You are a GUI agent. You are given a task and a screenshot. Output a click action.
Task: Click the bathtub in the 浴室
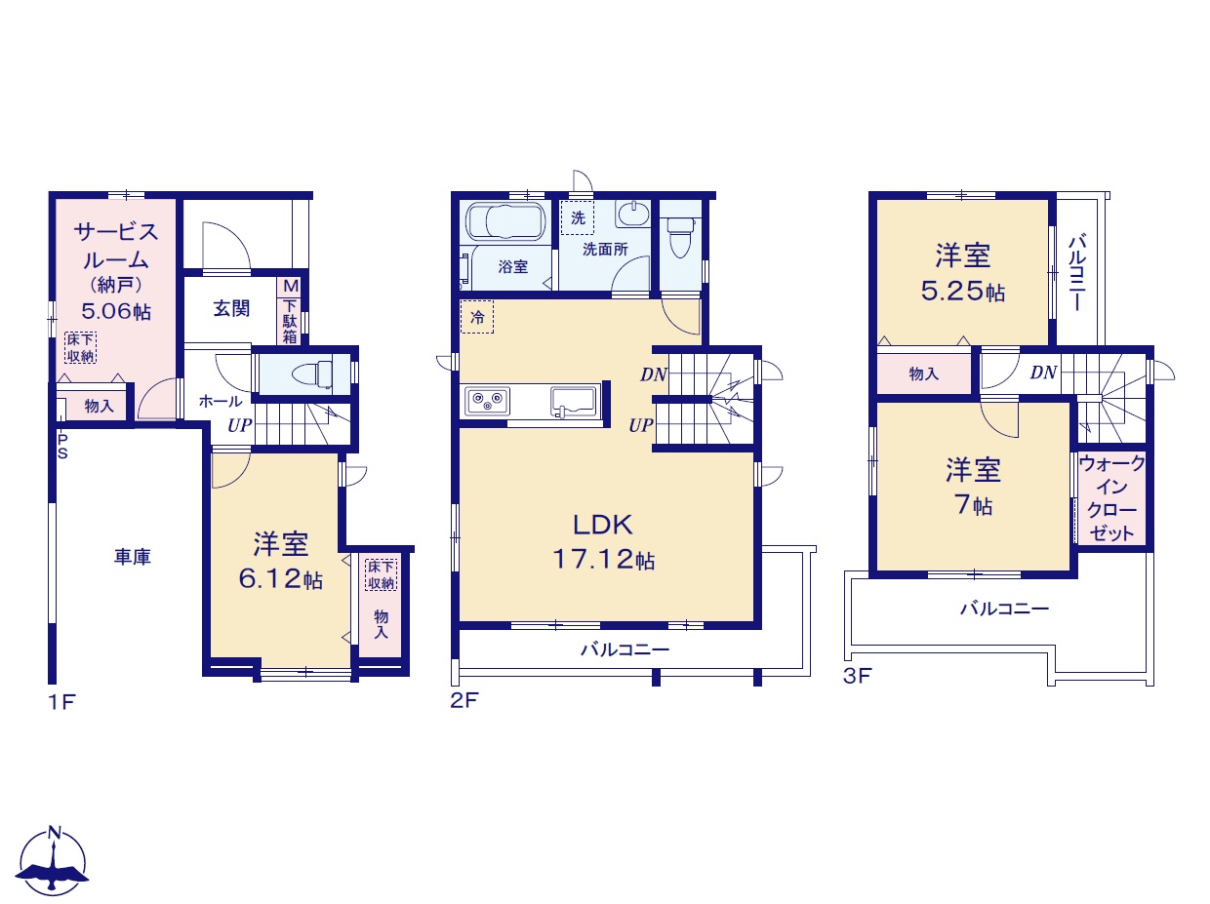[x=505, y=221]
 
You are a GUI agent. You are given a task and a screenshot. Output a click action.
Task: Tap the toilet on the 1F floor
[x=312, y=375]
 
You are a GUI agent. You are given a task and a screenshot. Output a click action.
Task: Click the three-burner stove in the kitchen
[x=487, y=401]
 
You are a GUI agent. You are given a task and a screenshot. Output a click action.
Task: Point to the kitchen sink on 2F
[x=574, y=402]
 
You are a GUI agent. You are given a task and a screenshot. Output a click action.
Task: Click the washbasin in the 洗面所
[x=633, y=214]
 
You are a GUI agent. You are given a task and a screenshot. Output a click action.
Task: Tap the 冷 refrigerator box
[x=477, y=317]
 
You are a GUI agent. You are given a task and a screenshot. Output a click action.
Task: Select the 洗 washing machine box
[x=577, y=218]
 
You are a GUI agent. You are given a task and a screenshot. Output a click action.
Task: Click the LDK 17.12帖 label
[x=604, y=541]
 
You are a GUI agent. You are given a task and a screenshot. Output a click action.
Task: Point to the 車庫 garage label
[x=133, y=557]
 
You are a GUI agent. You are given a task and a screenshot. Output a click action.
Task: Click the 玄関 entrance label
[x=231, y=308]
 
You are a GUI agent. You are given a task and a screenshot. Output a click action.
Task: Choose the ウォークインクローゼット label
[x=1110, y=498]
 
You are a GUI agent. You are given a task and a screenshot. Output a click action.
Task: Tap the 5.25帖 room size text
[x=963, y=292]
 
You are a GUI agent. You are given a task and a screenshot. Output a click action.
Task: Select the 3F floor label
[x=857, y=676]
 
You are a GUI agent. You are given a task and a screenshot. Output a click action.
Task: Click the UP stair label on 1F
[x=240, y=425]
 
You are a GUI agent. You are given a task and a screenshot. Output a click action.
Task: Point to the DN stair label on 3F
[x=1043, y=373]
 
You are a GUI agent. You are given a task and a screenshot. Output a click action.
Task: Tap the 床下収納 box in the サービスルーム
[x=80, y=347]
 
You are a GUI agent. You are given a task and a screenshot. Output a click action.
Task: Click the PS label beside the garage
[x=62, y=447]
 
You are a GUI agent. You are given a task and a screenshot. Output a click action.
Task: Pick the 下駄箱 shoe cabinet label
[x=290, y=321]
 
